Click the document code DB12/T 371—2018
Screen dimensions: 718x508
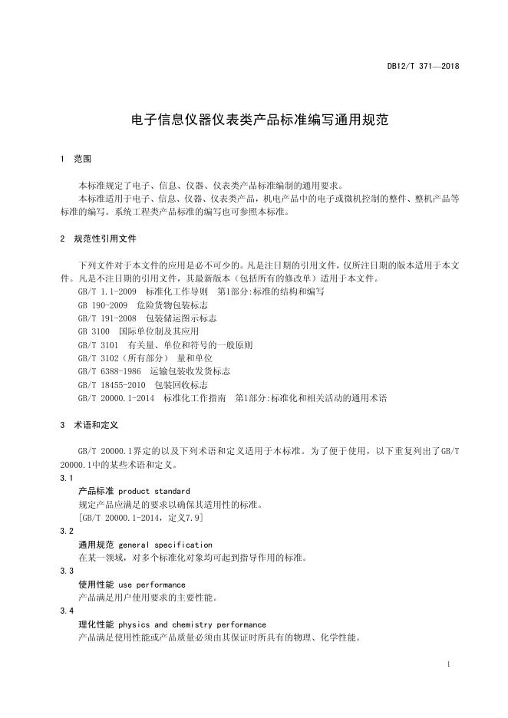(423, 67)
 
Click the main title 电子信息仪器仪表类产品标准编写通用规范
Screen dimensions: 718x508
(253, 120)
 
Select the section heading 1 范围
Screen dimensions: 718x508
(75, 160)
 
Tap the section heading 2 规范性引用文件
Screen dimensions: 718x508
(98, 239)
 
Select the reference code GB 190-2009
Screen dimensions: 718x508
(102, 305)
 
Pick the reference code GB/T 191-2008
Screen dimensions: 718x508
(107, 318)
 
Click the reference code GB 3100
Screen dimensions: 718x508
(94, 331)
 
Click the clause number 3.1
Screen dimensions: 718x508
(67, 478)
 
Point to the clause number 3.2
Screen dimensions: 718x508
(67, 531)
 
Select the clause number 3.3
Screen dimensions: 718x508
(67, 571)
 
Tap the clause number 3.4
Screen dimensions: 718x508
(67, 611)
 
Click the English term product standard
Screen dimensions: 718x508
(154, 491)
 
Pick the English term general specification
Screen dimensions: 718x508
(166, 545)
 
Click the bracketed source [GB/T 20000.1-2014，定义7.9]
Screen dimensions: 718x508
(140, 518)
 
